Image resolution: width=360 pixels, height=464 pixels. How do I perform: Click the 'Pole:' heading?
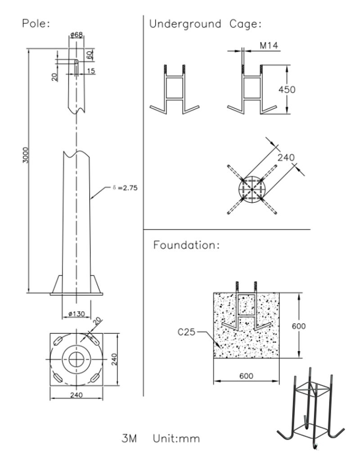pos(36,23)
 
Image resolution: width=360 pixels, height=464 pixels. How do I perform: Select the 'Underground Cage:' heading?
pos(205,24)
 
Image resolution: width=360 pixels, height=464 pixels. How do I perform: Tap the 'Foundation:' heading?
pos(186,245)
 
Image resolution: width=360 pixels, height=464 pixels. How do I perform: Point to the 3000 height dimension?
pos(26,155)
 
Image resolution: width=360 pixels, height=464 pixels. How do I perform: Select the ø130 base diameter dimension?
pos(76,314)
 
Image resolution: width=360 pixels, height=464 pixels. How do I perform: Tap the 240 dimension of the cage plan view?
pos(286,157)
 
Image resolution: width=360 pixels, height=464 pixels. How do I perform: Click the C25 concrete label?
pos(186,333)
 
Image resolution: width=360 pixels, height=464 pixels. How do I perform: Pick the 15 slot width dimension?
pos(90,71)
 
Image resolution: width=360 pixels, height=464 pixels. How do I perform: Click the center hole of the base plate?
pos(76,359)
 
